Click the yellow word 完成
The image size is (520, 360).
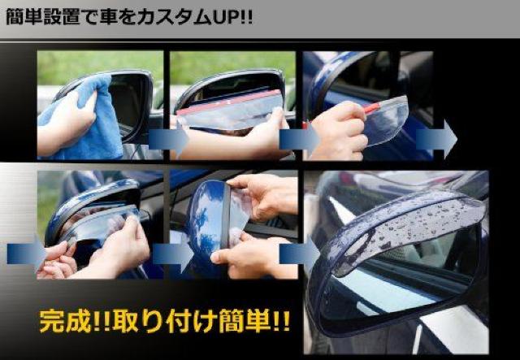click(x=65, y=321)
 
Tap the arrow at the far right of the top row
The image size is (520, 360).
click(x=436, y=139)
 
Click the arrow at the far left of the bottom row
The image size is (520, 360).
click(x=27, y=254)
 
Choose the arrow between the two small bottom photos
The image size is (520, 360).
click(x=173, y=254)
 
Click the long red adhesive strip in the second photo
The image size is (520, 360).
click(x=229, y=101)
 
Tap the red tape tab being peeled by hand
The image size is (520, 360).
click(x=372, y=108)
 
